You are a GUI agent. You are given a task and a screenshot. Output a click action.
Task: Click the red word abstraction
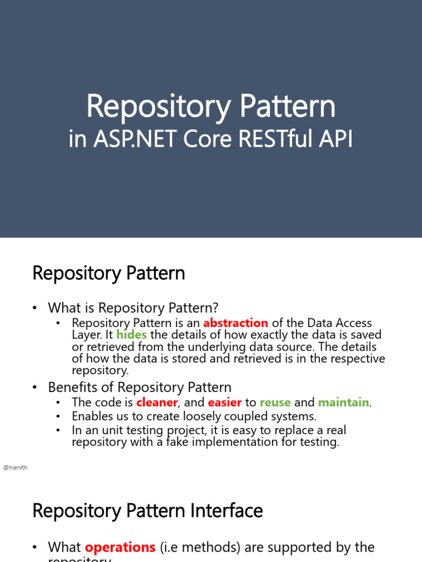pyautogui.click(x=235, y=323)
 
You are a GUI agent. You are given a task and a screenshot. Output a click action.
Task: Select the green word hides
pyautogui.click(x=131, y=335)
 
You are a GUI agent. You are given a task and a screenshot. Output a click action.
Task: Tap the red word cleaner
pyautogui.click(x=157, y=402)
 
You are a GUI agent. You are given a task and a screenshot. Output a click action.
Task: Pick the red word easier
pyautogui.click(x=225, y=402)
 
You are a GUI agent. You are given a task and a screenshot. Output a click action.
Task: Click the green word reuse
pyautogui.click(x=275, y=402)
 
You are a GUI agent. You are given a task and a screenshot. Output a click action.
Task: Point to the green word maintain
pyautogui.click(x=343, y=402)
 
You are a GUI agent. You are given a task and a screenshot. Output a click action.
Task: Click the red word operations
pyautogui.click(x=120, y=547)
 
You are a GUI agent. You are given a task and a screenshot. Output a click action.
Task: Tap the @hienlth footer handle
pyautogui.click(x=15, y=467)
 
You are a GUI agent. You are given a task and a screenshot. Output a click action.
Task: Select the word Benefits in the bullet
pyautogui.click(x=73, y=387)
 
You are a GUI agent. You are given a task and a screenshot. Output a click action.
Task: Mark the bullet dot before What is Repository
pyautogui.click(x=36, y=308)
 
